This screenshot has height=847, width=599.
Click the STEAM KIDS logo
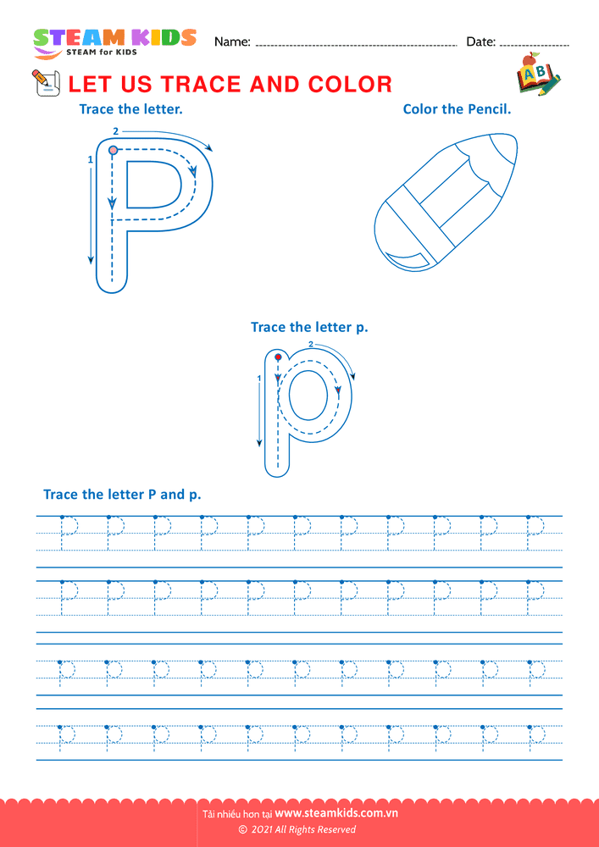(x=114, y=43)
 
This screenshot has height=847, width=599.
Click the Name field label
(x=232, y=42)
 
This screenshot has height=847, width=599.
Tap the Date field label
(x=480, y=42)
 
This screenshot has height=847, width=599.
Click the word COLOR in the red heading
(x=350, y=84)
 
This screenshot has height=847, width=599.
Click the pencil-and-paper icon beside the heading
(x=46, y=83)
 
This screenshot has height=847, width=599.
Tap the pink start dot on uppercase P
(x=113, y=150)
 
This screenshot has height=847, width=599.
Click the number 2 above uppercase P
(x=115, y=130)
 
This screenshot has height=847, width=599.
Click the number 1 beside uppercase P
(x=90, y=159)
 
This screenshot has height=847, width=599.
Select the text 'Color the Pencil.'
(x=457, y=109)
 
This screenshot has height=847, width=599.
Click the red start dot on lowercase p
(x=278, y=357)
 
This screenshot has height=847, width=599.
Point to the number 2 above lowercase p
(x=311, y=344)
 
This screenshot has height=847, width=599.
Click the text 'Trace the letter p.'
(x=309, y=327)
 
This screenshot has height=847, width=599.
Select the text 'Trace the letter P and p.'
(x=122, y=495)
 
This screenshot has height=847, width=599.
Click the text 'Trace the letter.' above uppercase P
(x=130, y=109)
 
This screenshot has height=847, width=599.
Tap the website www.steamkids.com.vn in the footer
(x=336, y=813)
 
